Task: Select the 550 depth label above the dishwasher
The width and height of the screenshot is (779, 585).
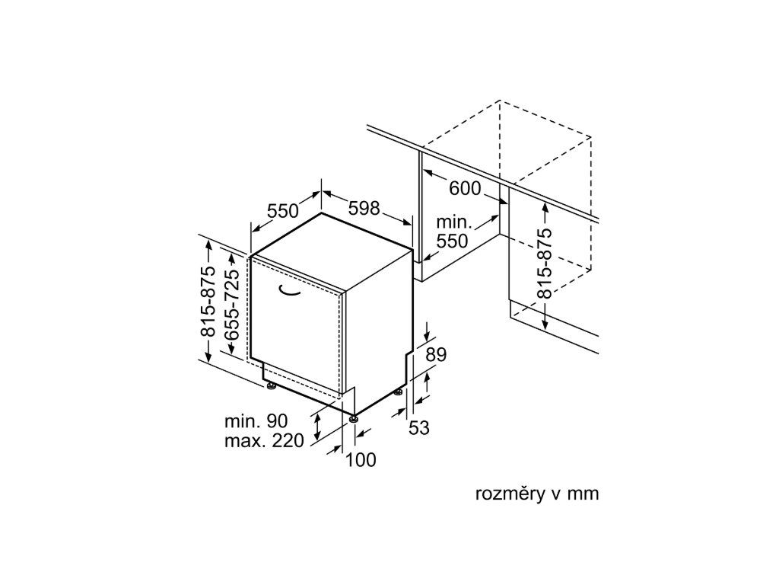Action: (x=282, y=211)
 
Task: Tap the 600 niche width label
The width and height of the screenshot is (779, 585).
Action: (x=465, y=188)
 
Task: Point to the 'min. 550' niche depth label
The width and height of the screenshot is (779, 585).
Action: (x=453, y=232)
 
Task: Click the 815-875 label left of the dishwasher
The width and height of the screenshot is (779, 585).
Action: (x=209, y=313)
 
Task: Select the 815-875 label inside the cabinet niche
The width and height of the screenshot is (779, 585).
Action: (x=544, y=264)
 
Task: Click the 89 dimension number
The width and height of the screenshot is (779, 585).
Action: (x=436, y=353)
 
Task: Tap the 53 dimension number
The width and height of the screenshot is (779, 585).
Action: (x=419, y=428)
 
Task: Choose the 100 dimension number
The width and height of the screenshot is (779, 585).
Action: (x=361, y=460)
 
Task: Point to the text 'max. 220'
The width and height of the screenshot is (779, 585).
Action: (x=263, y=441)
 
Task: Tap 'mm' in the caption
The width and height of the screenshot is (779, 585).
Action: (x=583, y=494)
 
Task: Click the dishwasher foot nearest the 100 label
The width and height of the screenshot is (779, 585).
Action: (x=354, y=417)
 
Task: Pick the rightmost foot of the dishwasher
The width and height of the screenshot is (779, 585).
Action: (x=399, y=392)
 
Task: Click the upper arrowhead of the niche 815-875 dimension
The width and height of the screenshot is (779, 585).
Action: (x=545, y=207)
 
